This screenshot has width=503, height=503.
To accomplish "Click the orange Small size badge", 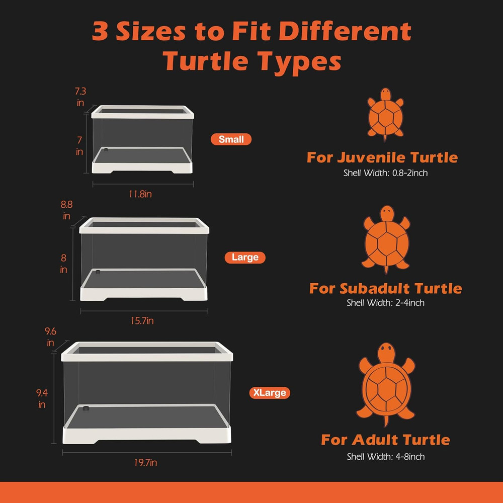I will tap(231, 139).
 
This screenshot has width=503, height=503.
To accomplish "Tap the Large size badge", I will tap(245, 258).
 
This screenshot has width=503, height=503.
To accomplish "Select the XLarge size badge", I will tap(270, 393).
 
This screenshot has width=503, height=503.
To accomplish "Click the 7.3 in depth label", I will tap(80, 97).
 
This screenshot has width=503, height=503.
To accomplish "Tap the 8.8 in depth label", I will tap(66, 210).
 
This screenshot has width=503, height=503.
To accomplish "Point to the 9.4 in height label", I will tap(42, 397).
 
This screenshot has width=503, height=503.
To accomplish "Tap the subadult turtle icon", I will tap(386, 239).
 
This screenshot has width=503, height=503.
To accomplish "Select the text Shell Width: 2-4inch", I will tap(385, 303).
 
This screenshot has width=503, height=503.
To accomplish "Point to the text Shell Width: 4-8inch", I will tap(385, 457).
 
